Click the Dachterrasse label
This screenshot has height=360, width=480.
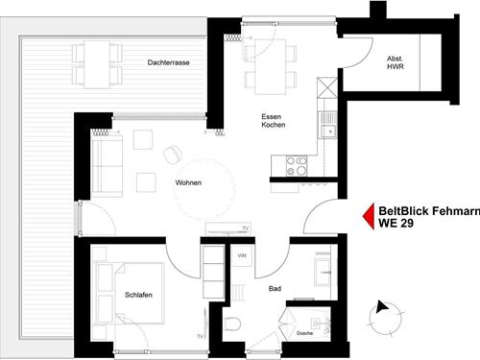168,62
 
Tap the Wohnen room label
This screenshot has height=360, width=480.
188,182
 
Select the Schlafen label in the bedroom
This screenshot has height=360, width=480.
138,295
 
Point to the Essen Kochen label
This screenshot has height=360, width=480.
274,121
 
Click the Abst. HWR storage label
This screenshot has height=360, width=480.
396,62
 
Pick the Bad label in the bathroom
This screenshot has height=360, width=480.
275,289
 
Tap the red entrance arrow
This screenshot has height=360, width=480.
369,216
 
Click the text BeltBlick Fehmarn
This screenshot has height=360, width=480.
429,211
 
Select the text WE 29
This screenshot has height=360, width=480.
396,223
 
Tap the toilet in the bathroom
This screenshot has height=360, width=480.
232,324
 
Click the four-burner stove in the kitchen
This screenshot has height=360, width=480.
297,166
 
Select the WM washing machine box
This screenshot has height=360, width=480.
242,255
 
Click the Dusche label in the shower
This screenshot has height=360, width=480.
304,333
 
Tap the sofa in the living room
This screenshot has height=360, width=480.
107,166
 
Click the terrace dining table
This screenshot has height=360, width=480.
97,64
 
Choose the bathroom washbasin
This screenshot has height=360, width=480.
323,273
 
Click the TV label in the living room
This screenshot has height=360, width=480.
245,228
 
